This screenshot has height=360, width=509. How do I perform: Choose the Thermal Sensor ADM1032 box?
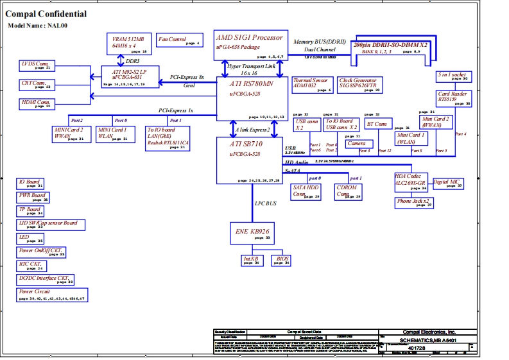(311, 85)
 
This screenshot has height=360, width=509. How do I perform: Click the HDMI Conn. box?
(37, 103)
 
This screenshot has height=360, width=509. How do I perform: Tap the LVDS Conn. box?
(36, 65)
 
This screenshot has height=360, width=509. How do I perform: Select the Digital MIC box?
(448, 184)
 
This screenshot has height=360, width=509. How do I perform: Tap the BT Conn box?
(377, 123)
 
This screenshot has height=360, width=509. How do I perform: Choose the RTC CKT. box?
(32, 265)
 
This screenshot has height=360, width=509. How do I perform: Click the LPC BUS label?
(266, 203)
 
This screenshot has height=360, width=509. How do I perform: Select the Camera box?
(356, 143)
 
